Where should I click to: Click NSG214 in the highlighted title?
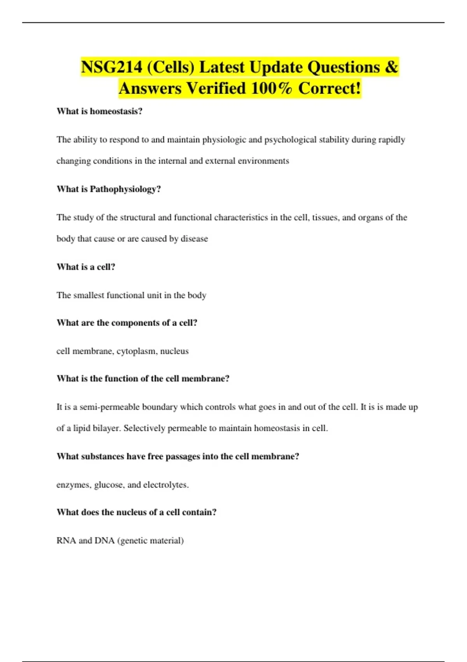(x=111, y=67)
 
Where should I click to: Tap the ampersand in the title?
(x=391, y=67)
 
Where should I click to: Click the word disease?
(x=194, y=239)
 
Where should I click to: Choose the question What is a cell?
(x=86, y=267)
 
